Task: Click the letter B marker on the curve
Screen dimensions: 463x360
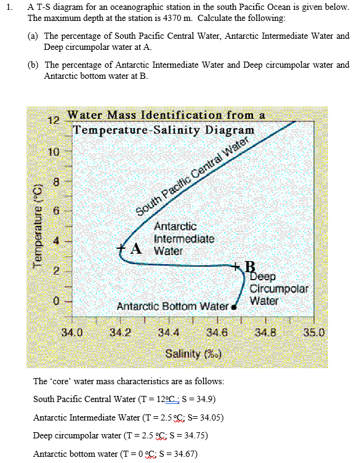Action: pos(249,267)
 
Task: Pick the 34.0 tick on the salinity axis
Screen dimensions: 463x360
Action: pos(73,333)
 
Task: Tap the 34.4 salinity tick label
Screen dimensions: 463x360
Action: pos(169,333)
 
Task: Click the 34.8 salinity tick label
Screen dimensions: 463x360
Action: pos(266,333)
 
